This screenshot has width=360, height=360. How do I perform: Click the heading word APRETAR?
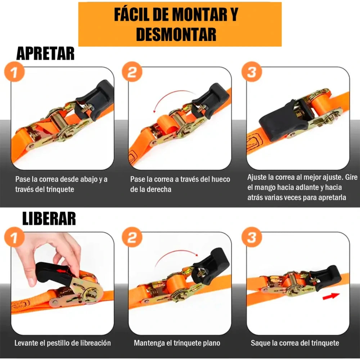pyautogui.click(x=45, y=54)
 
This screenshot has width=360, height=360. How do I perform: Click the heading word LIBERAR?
pyautogui.click(x=49, y=219)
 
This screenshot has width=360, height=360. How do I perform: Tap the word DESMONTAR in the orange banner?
pyautogui.click(x=176, y=34)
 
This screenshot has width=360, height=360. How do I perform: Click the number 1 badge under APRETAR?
pyautogui.click(x=14, y=72)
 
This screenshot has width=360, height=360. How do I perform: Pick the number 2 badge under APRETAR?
pyautogui.click(x=132, y=72)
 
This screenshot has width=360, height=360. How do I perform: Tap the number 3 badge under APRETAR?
pyautogui.click(x=252, y=72)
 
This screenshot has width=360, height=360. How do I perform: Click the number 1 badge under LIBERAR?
pyautogui.click(x=14, y=237)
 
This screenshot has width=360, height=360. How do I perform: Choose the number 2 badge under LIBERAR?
pyautogui.click(x=132, y=237)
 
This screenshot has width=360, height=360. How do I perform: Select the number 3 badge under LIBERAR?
pyautogui.click(x=252, y=237)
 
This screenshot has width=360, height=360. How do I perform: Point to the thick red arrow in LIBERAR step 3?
pyautogui.click(x=331, y=296)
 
